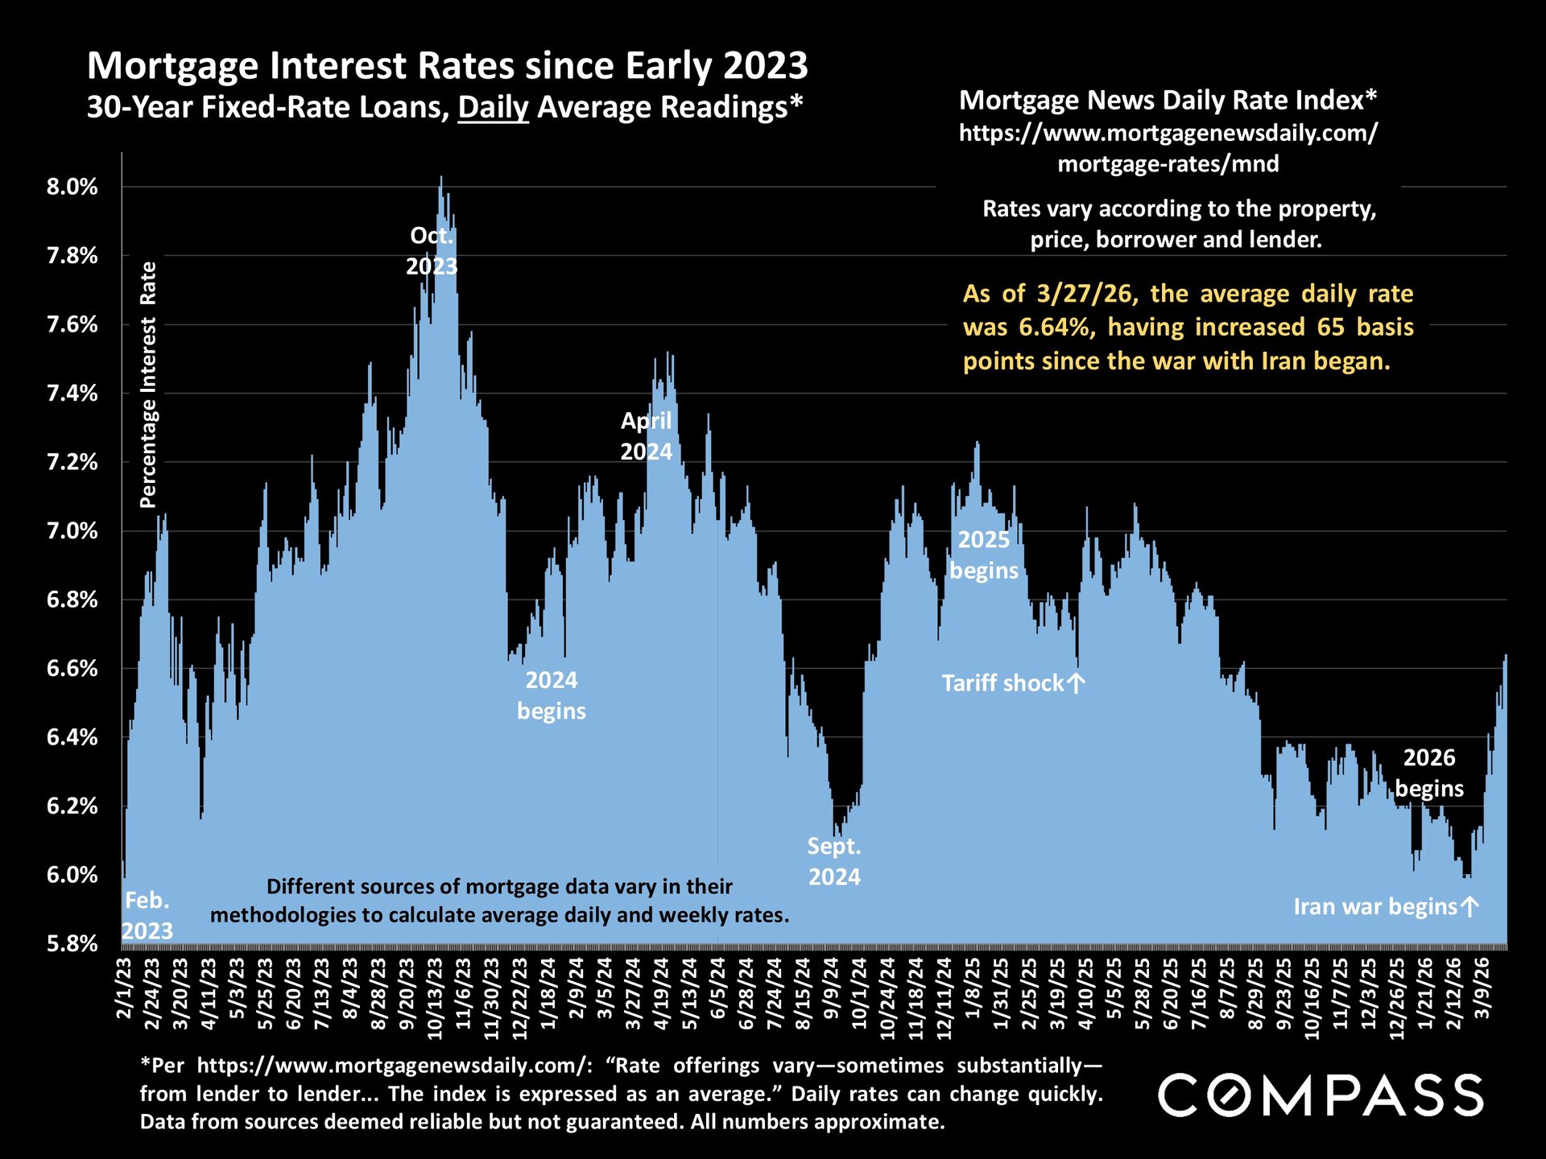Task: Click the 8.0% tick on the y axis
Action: [72, 188]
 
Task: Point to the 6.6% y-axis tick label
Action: [72, 669]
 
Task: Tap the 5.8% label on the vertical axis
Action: [72, 943]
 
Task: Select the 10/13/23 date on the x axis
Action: [436, 999]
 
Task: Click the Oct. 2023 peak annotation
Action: [432, 250]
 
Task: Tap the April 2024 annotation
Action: [646, 435]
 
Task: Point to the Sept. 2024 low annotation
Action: [834, 861]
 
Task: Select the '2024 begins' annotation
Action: [552, 695]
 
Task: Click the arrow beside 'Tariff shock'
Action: [1077, 683]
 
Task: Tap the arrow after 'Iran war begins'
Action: [1470, 907]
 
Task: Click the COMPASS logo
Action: [1321, 1095]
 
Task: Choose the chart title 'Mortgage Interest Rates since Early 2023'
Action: [447, 66]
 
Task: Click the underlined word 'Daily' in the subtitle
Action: [493, 107]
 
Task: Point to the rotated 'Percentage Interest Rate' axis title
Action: [148, 385]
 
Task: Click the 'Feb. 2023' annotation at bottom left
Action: [147, 915]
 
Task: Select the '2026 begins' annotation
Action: [1429, 773]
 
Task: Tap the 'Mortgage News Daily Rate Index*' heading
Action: [1168, 100]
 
